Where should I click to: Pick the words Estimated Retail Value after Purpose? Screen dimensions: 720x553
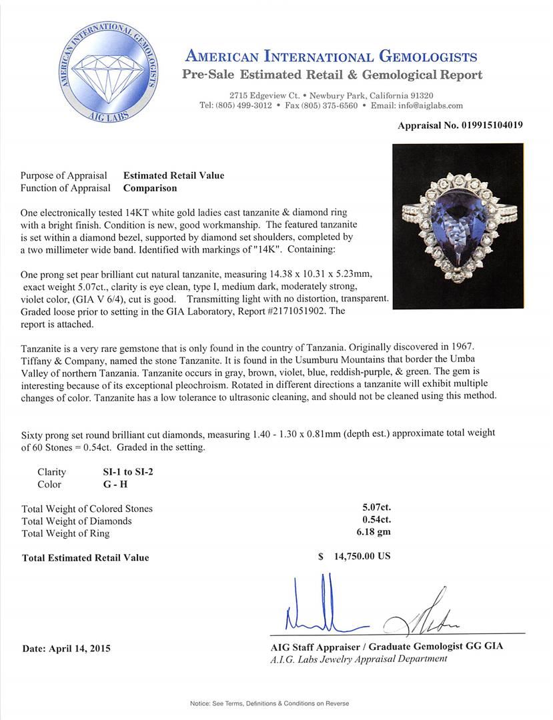(x=173, y=175)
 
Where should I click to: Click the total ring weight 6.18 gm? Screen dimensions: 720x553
(x=373, y=533)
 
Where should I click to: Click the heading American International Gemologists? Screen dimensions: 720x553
(x=331, y=56)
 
